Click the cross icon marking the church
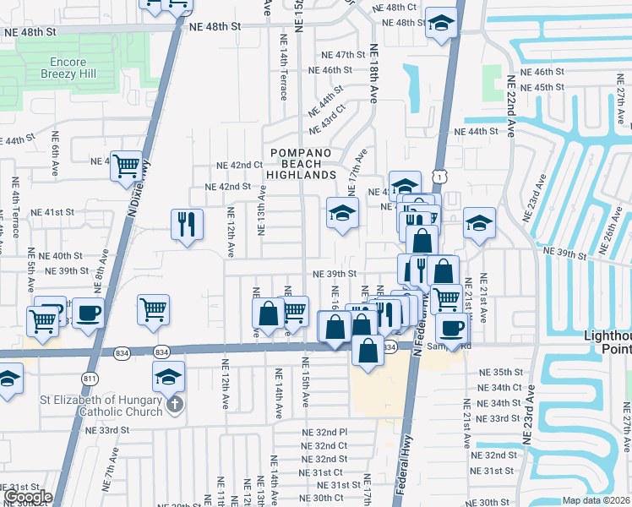175,404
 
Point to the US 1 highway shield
438,175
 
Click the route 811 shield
89,377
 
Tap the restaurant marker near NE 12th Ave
187,225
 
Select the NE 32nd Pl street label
325,432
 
